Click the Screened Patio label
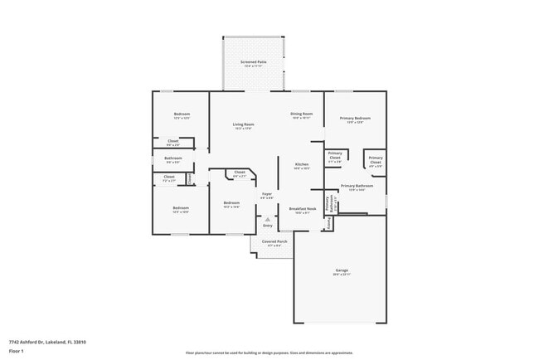(x=253, y=62)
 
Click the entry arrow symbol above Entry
(x=267, y=219)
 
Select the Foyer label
(x=266, y=194)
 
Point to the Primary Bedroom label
(x=355, y=119)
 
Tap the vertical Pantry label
(x=328, y=202)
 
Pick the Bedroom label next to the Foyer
(x=231, y=202)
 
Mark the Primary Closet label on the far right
(x=376, y=159)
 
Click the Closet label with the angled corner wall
(x=239, y=173)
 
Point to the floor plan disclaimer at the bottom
(x=269, y=353)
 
